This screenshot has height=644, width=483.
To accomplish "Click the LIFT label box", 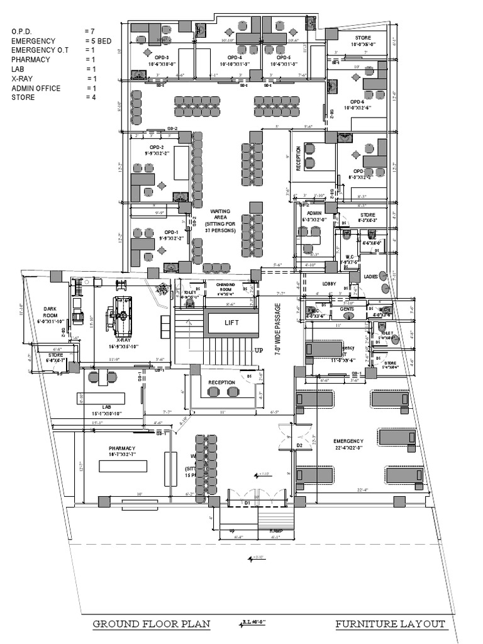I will (x=232, y=322).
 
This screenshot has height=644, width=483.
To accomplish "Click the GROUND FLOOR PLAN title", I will (x=152, y=625).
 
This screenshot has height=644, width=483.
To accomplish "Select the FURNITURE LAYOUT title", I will (x=391, y=625).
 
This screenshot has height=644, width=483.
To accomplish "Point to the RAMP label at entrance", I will (x=276, y=531).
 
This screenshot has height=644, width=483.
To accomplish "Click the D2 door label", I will (x=299, y=446).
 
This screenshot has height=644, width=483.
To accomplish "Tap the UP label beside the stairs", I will (x=257, y=350).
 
